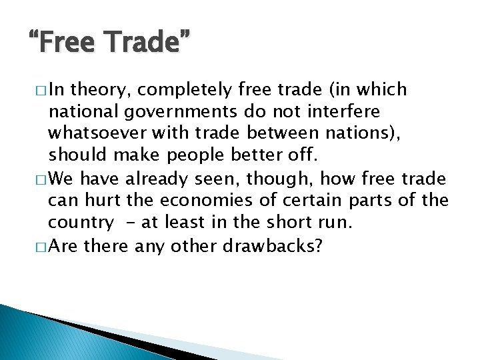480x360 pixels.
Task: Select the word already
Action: [159, 179]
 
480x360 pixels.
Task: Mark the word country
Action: [81, 223]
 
